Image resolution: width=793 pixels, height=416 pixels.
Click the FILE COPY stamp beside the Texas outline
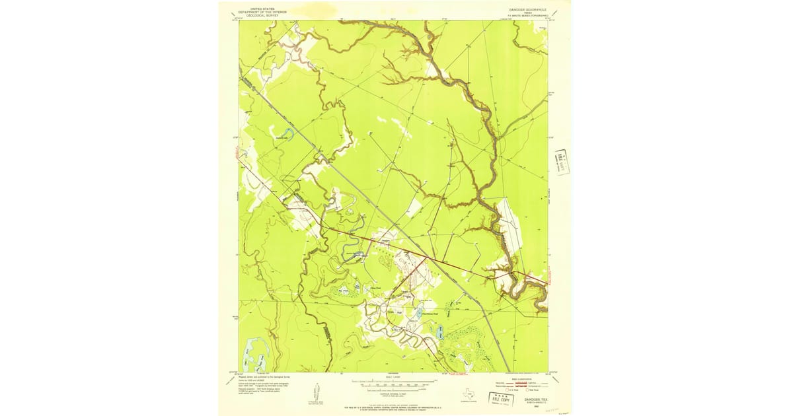500,398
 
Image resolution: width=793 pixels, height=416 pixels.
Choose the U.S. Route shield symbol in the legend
507,390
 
